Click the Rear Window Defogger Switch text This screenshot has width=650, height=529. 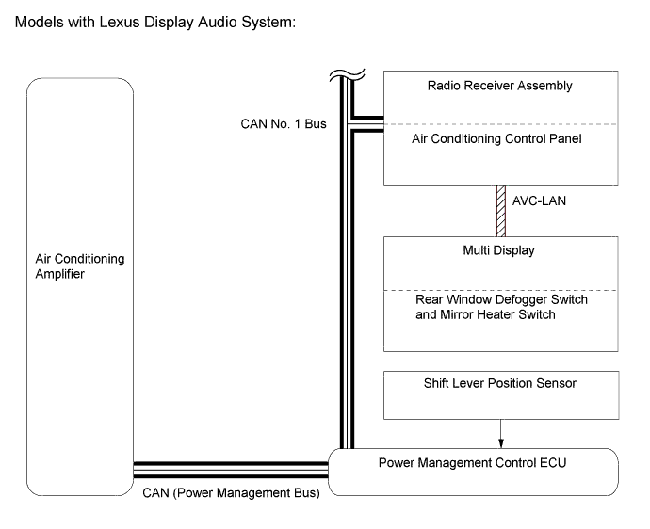click(501, 299)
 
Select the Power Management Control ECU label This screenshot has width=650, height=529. click(473, 462)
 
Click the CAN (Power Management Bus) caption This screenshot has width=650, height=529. click(231, 491)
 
